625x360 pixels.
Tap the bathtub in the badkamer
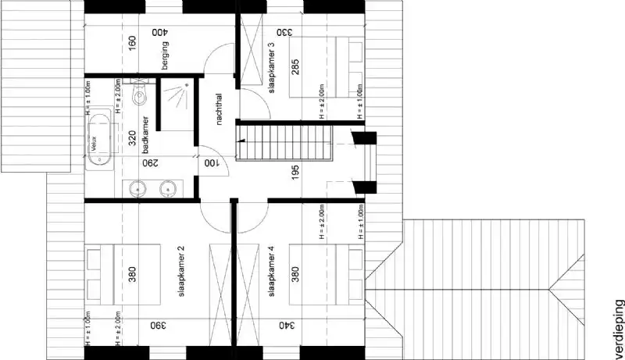click(99, 143)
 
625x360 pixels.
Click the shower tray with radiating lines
click(178, 99)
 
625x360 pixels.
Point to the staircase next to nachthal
click(285, 143)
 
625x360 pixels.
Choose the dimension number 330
click(284, 33)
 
